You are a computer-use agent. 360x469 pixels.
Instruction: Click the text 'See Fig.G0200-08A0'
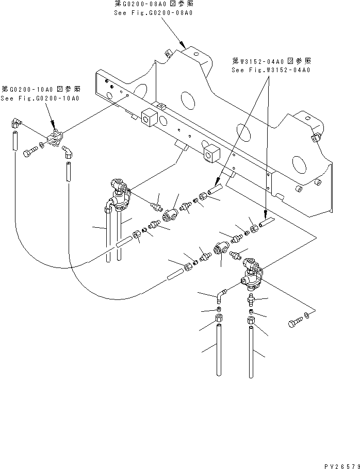(153, 12)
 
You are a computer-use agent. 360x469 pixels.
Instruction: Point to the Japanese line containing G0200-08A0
(153, 4)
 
